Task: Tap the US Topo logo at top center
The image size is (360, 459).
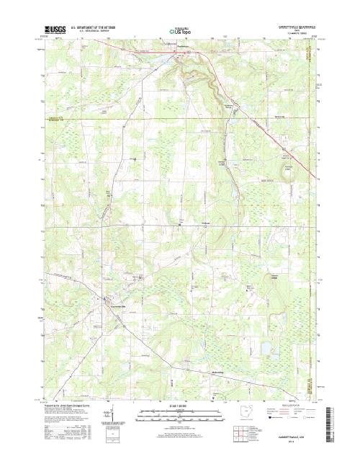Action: pos(179,31)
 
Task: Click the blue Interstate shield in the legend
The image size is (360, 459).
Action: pos(271,416)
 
